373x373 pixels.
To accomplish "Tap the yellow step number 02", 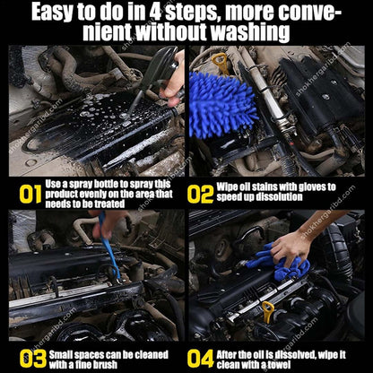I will (x=202, y=193).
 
